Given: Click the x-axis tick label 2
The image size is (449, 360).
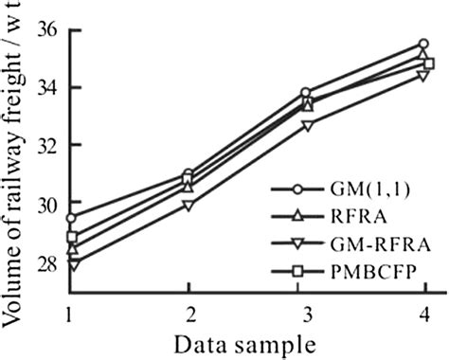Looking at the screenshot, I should point(190,313).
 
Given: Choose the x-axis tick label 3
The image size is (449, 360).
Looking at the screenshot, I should point(309,313).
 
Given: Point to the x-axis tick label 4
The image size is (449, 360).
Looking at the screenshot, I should point(428,313).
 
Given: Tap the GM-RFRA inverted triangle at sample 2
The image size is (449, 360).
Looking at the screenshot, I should point(189,205).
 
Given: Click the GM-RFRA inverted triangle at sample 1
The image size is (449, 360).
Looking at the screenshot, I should point(71,266).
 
